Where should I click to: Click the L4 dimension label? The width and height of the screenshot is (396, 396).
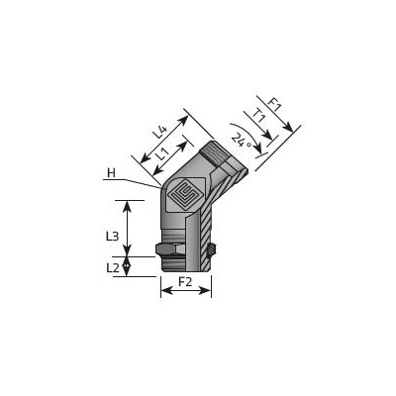(x=159, y=132)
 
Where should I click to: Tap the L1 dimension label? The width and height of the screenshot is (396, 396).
(x=162, y=152)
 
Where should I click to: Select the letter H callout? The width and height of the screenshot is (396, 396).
(x=112, y=173)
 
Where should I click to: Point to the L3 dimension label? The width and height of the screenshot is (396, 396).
(x=112, y=236)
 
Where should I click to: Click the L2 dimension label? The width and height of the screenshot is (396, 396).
(x=113, y=268)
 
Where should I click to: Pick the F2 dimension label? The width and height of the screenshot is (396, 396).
(x=185, y=282)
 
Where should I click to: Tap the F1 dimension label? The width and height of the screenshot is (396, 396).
(x=273, y=105)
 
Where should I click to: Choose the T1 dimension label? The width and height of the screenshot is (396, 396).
(x=259, y=116)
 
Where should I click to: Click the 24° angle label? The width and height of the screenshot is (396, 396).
(x=241, y=140)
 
